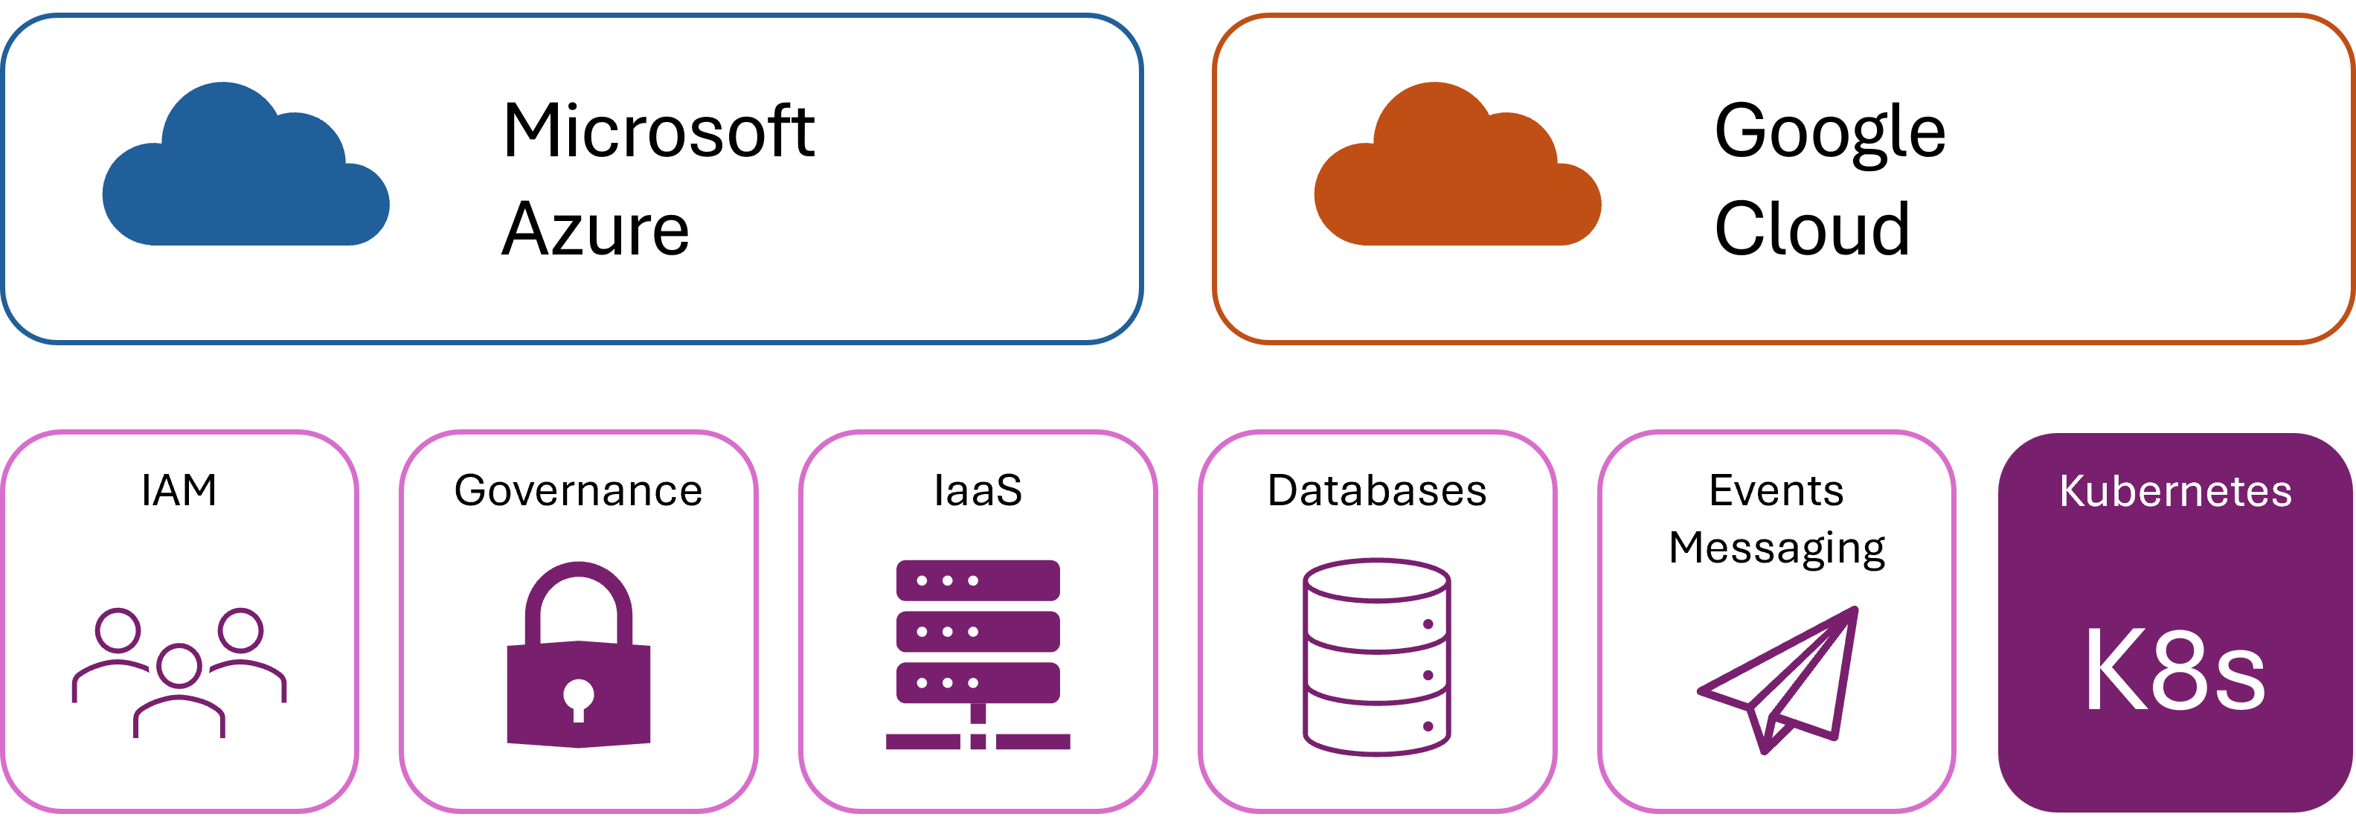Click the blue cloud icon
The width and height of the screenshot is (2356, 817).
(245, 169)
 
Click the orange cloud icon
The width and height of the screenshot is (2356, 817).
(1457, 169)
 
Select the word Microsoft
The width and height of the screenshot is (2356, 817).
(658, 131)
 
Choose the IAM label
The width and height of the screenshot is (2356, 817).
(179, 490)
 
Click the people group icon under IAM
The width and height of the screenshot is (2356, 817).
(179, 673)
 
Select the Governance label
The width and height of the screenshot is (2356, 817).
(578, 490)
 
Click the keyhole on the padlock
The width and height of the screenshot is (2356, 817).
(578, 697)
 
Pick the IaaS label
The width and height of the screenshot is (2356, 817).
(978, 490)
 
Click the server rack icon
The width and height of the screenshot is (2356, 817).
(978, 655)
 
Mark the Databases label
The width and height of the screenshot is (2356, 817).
(1376, 490)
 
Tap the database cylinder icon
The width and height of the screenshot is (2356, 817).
(1376, 657)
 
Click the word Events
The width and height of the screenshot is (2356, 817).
(1776, 490)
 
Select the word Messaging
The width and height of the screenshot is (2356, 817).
(1776, 549)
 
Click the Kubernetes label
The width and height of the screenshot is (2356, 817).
(2176, 491)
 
